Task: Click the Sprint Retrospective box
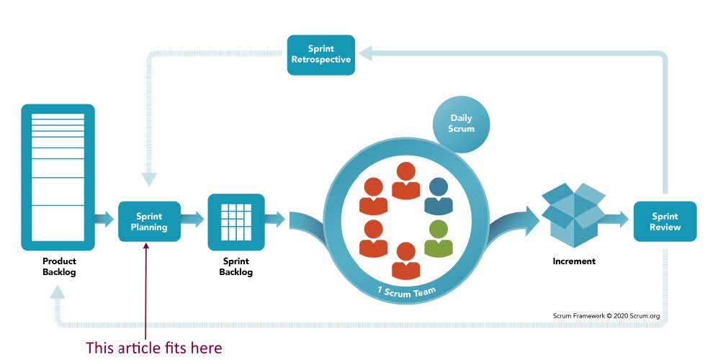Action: (320, 55)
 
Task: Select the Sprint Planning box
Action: (149, 222)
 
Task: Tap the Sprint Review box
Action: (664, 222)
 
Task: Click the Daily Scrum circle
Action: (462, 123)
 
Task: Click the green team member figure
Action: (438, 238)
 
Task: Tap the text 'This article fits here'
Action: (153, 348)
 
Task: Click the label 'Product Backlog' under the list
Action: (59, 266)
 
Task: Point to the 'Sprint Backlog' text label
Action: (235, 267)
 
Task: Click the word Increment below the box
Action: (573, 261)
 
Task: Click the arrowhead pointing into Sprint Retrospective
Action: (366, 52)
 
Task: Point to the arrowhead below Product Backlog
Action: (58, 292)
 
